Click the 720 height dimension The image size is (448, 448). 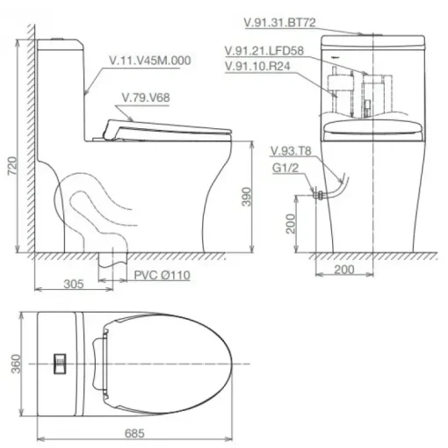12,166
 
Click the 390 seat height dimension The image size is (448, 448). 247,197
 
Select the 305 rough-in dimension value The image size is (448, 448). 74,284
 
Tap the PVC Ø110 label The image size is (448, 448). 162,275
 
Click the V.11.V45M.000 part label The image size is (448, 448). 150,61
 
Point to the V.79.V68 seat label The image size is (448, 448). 146,98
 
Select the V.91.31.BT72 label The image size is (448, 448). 280,23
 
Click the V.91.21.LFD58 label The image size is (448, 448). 264,51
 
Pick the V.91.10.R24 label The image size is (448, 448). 257,66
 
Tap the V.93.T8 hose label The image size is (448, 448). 291,151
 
